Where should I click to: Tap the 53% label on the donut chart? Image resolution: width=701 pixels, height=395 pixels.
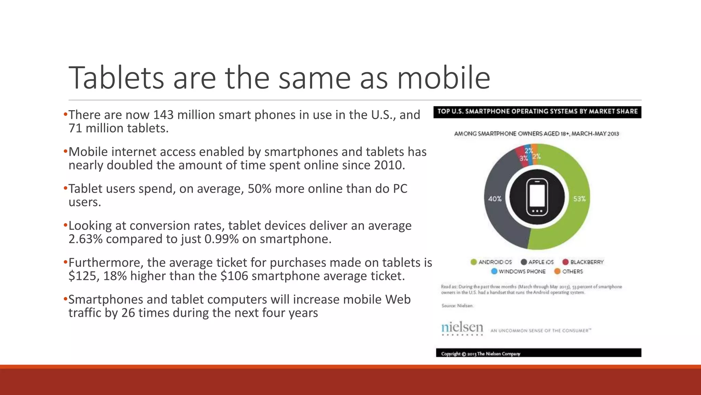(579, 199)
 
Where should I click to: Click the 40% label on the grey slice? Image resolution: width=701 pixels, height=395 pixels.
(495, 199)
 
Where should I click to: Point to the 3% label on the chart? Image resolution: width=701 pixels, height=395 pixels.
(523, 158)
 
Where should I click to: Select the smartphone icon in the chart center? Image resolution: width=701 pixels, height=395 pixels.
(537, 197)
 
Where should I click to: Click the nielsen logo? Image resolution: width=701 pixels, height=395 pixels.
(462, 328)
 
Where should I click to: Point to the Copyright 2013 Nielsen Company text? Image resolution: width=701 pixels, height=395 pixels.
(481, 354)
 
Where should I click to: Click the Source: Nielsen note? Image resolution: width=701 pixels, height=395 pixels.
(457, 306)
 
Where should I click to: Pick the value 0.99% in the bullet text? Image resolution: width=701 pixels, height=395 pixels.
(221, 239)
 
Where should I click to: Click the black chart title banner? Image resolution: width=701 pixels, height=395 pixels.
(537, 112)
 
